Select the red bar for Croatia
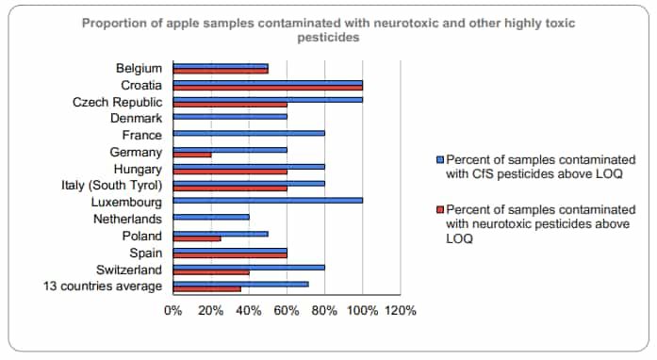coord(268,88)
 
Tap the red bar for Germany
coord(192,155)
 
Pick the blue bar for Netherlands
coord(211,217)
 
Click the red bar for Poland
coord(197,238)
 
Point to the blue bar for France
coord(249,133)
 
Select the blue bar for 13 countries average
coord(240,284)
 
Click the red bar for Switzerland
coord(211,272)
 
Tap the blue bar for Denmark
coord(230,117)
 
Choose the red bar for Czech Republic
coord(230,105)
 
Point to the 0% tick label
coord(173,309)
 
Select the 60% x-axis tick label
coord(287,309)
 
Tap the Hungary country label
coord(139,169)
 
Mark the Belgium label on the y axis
coord(140,68)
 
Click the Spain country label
coord(146,253)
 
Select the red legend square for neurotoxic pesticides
coord(439,208)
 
